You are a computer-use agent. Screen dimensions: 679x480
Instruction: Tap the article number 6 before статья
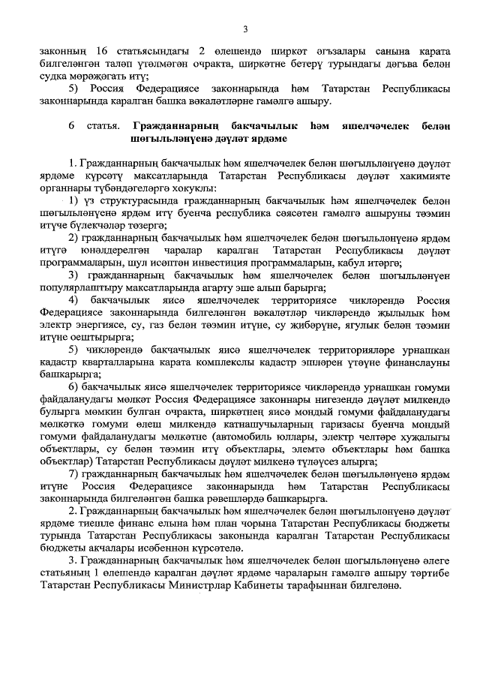tap(72, 125)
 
